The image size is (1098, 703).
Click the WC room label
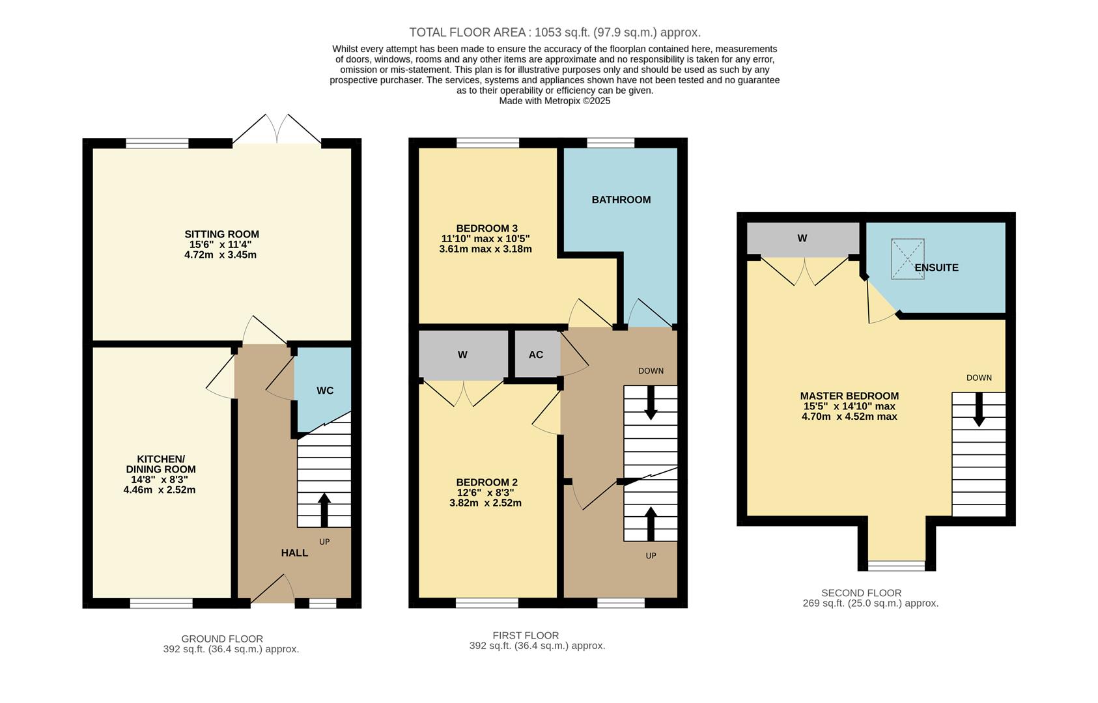(x=324, y=391)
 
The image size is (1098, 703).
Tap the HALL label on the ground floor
(x=294, y=553)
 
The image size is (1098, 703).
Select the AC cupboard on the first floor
(x=536, y=354)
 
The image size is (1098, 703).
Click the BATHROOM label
(x=621, y=199)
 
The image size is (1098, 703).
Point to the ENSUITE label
(x=936, y=268)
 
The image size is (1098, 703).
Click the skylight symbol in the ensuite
(x=908, y=258)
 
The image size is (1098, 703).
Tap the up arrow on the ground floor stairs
(x=324, y=510)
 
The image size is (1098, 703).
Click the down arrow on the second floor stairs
(x=979, y=409)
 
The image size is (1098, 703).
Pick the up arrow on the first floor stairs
(x=651, y=524)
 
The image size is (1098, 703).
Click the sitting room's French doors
(x=277, y=130)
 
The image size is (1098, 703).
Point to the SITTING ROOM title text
(x=221, y=234)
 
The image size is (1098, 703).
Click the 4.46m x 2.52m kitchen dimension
(x=160, y=490)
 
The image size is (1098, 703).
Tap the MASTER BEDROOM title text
(x=849, y=396)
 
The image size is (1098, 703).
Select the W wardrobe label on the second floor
(x=802, y=239)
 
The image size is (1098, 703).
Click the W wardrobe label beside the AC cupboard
(x=462, y=355)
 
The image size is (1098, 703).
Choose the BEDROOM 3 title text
(x=486, y=228)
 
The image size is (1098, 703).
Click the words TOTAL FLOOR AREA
(x=467, y=33)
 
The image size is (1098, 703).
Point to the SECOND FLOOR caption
(x=861, y=593)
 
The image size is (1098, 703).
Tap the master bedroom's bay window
(x=897, y=566)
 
